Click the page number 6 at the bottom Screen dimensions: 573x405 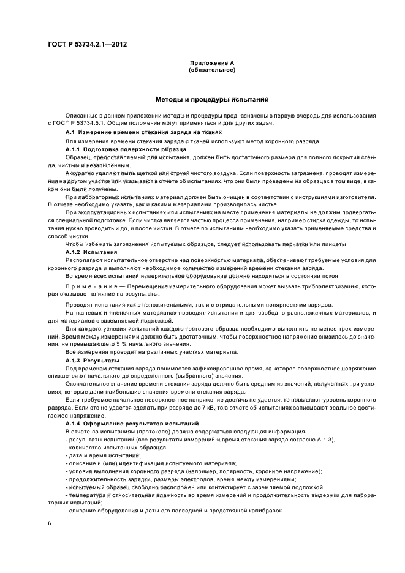pos(50,523)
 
